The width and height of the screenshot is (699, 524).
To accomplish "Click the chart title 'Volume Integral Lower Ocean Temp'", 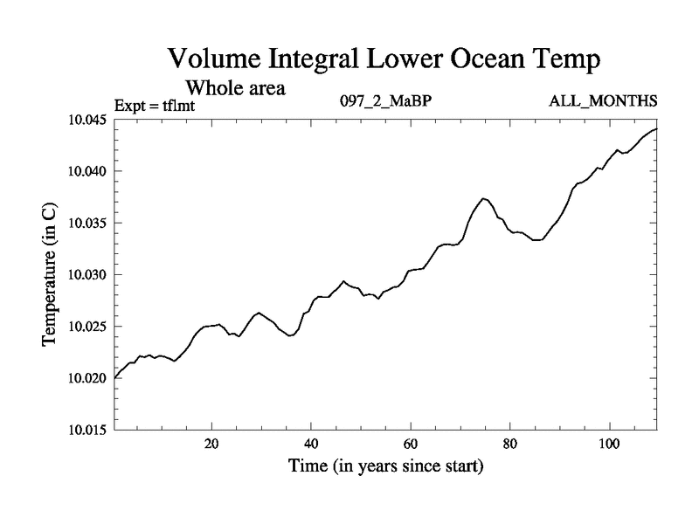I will (x=384, y=60).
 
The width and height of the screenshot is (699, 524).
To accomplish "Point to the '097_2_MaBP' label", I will (x=385, y=100).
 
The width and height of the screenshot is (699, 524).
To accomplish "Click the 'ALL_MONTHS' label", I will (x=603, y=100).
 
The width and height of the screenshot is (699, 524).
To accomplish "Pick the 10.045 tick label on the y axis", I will (x=87, y=120).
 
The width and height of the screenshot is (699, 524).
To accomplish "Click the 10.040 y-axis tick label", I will (x=87, y=171).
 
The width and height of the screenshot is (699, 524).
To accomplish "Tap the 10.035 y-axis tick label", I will (x=87, y=223).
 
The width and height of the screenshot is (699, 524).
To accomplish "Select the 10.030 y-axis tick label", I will (x=87, y=275).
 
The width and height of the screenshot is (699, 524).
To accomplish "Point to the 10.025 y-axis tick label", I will (x=87, y=327).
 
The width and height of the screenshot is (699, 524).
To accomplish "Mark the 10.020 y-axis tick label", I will (x=87, y=378).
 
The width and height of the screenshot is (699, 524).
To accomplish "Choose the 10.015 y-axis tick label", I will (x=87, y=430).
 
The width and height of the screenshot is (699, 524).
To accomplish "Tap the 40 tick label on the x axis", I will (x=311, y=443).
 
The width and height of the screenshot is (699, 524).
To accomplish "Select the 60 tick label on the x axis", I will (x=410, y=443).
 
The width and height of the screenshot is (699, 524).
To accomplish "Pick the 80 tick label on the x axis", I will (x=509, y=443).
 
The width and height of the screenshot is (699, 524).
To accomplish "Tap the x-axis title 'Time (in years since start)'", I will (x=386, y=466).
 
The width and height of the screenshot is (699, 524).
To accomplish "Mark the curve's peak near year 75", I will (x=484, y=198).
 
